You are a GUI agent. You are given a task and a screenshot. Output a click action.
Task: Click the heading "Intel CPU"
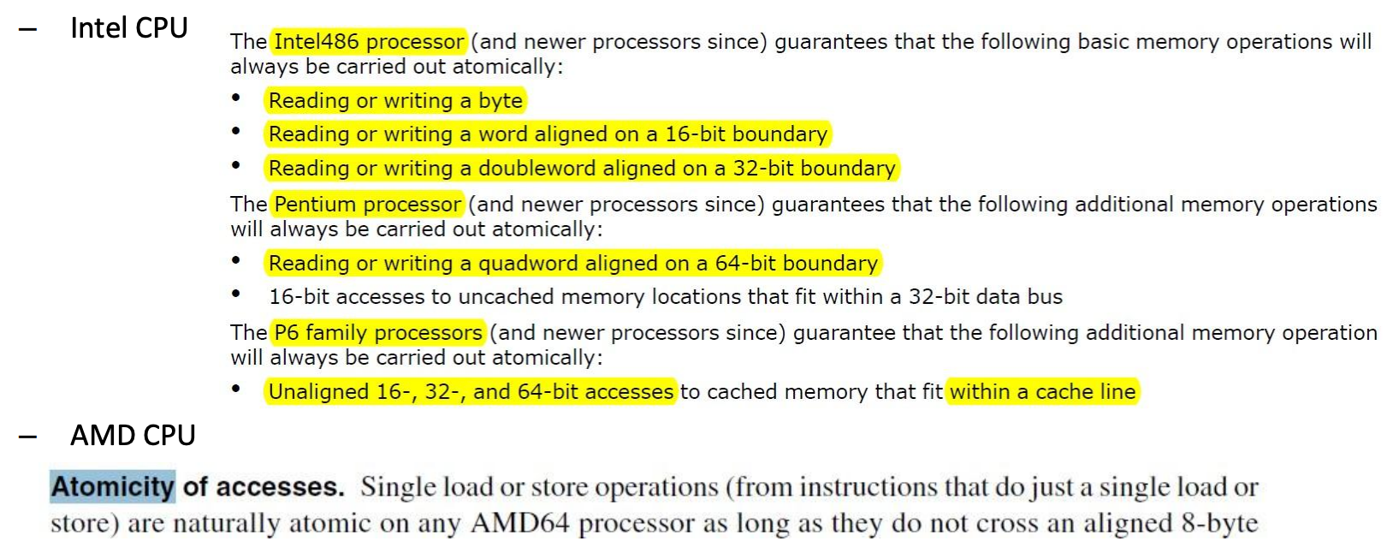point(128,28)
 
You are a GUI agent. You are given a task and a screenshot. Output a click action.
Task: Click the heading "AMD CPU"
point(133,436)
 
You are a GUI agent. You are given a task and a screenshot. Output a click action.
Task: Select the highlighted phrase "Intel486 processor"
point(369,42)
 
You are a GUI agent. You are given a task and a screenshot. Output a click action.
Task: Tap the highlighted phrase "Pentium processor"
point(368,205)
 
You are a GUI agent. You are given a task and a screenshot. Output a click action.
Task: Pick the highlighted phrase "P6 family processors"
point(378,333)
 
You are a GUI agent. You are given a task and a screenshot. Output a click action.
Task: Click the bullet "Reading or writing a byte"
point(395,101)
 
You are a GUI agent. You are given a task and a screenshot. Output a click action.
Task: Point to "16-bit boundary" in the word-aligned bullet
point(746,134)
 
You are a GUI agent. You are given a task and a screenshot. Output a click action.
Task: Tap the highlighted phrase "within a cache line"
point(1042,392)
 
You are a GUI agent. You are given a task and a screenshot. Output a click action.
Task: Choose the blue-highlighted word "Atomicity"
point(112,487)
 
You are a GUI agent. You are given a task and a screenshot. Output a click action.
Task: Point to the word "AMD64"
point(520,523)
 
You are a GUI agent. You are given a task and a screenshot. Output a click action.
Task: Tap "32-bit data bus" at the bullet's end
point(985,297)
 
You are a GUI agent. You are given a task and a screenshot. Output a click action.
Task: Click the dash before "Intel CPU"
point(27,29)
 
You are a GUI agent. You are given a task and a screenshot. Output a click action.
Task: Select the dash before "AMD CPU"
point(27,437)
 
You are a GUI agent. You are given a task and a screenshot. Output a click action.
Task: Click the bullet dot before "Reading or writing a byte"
point(236,98)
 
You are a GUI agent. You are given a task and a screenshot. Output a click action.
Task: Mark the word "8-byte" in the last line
point(1219,523)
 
